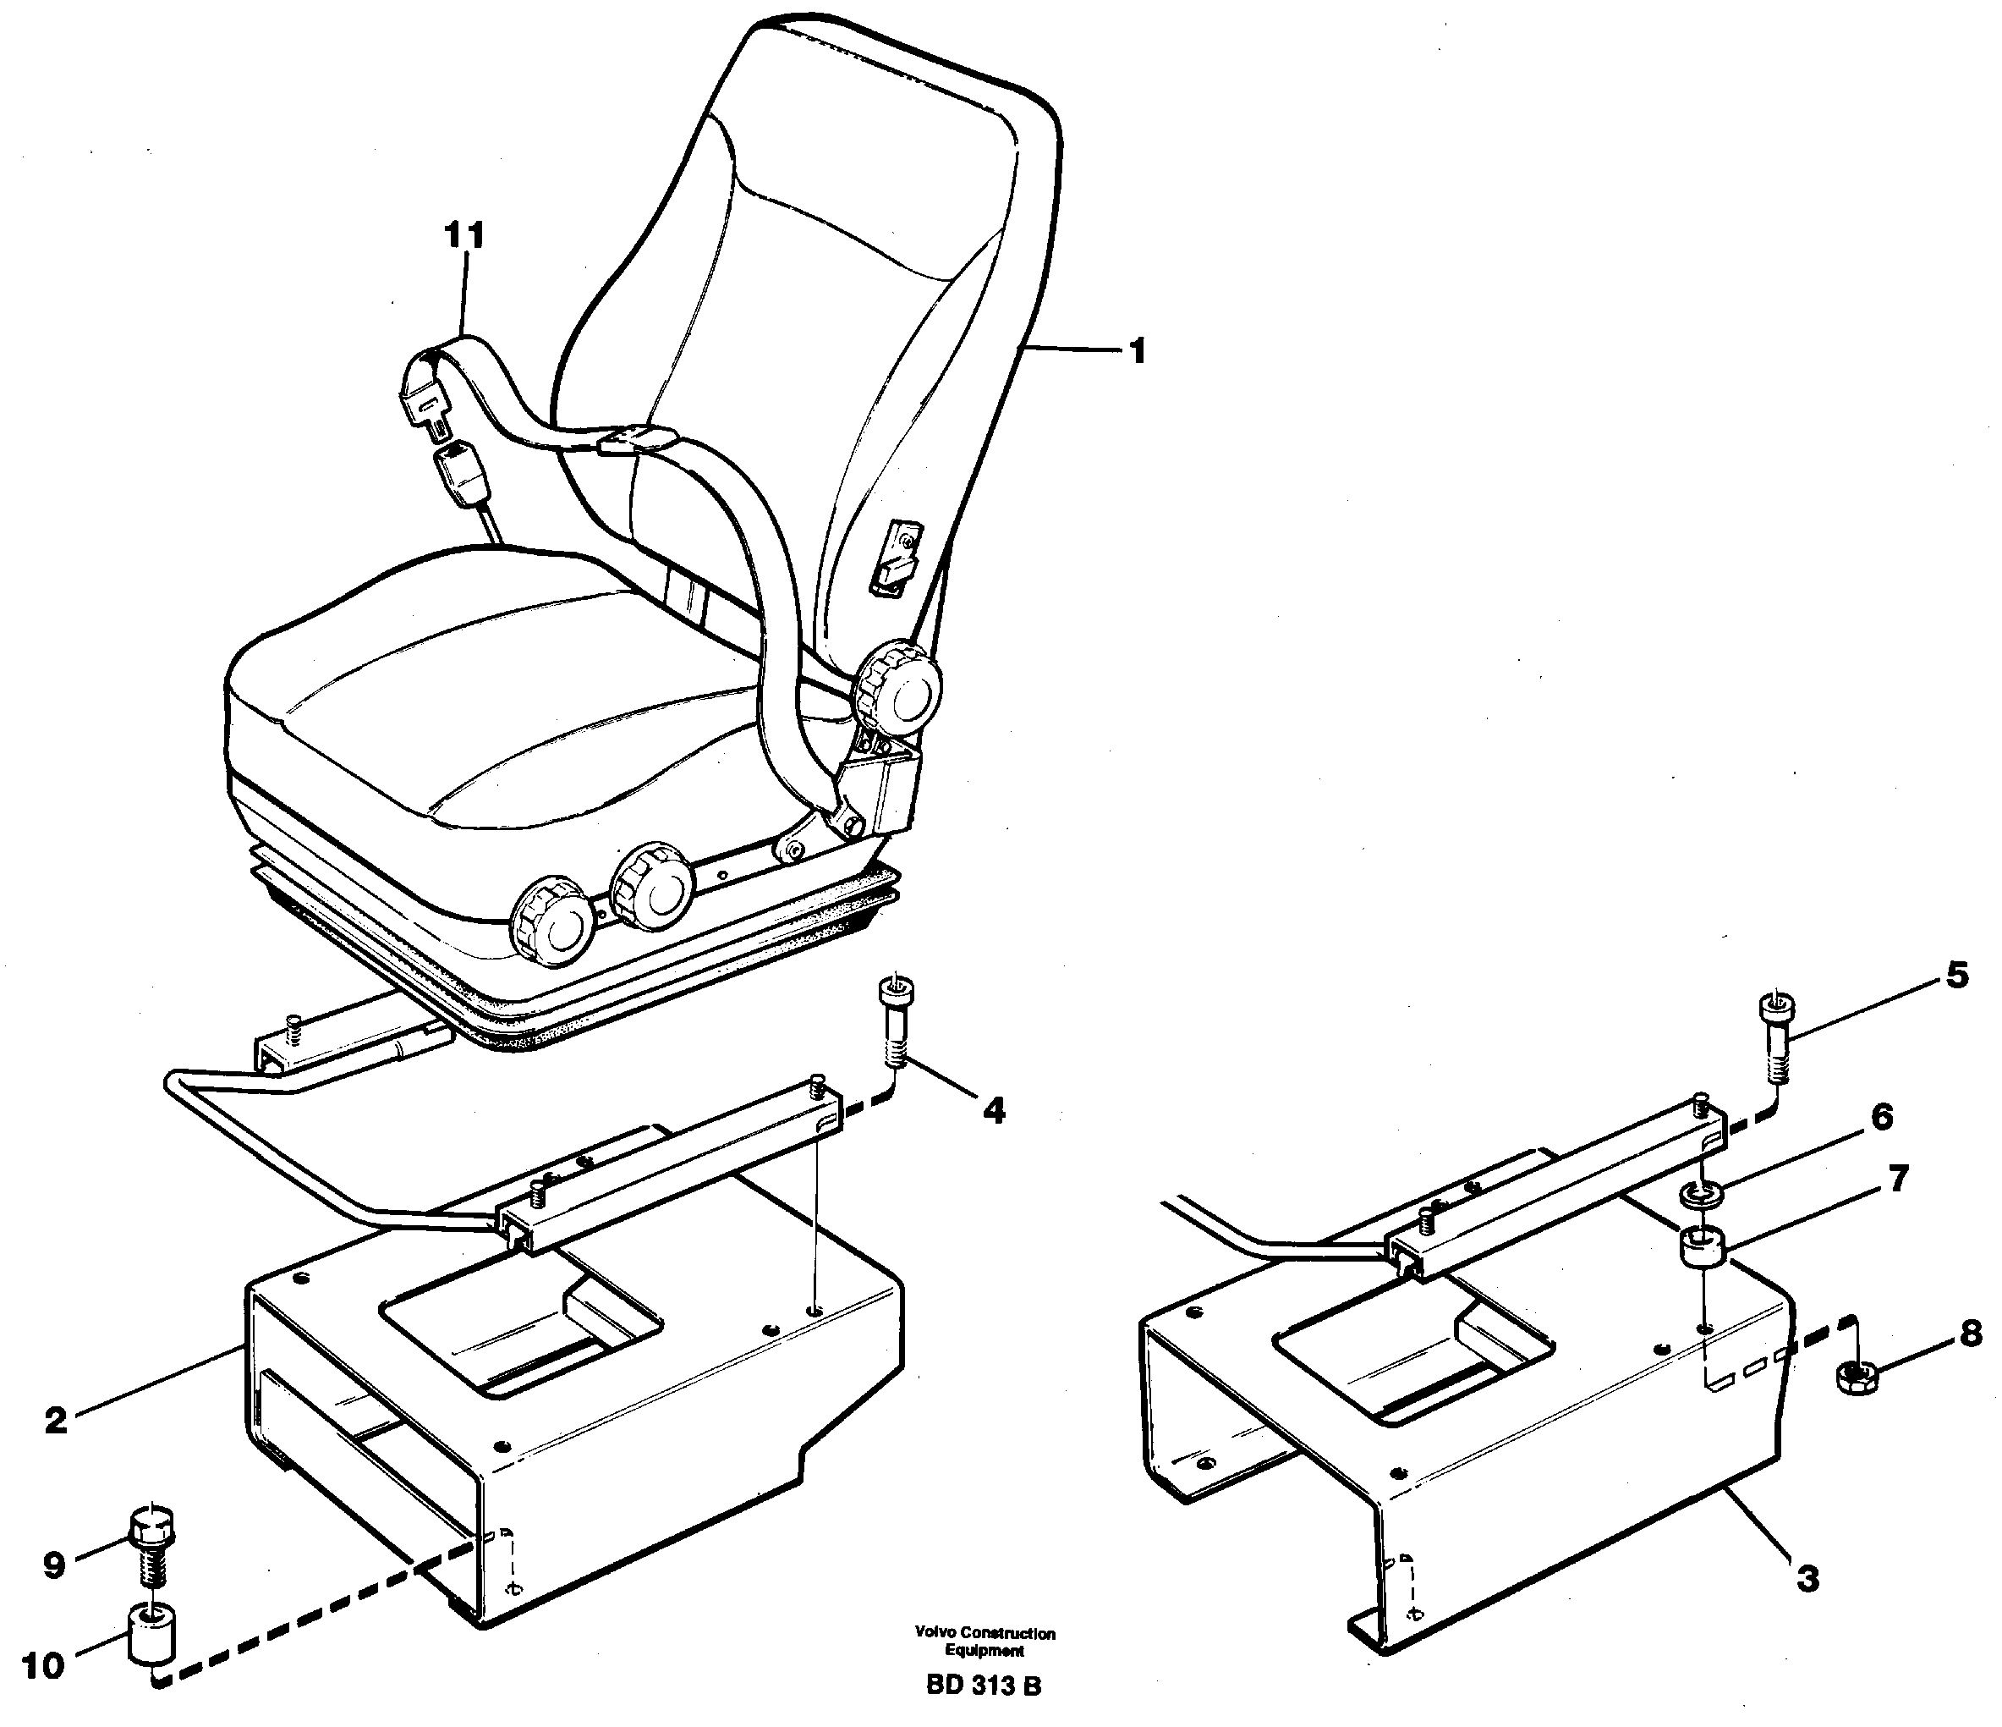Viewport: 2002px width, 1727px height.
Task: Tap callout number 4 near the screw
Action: click(992, 1111)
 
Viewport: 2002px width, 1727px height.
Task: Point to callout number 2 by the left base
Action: click(56, 1420)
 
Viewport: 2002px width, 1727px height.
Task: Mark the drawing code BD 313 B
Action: click(983, 1686)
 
